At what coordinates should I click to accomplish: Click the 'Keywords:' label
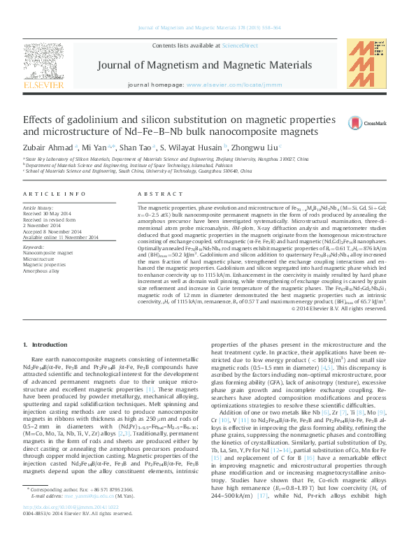(x=34, y=228)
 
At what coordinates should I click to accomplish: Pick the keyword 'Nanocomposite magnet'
(x=48, y=233)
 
